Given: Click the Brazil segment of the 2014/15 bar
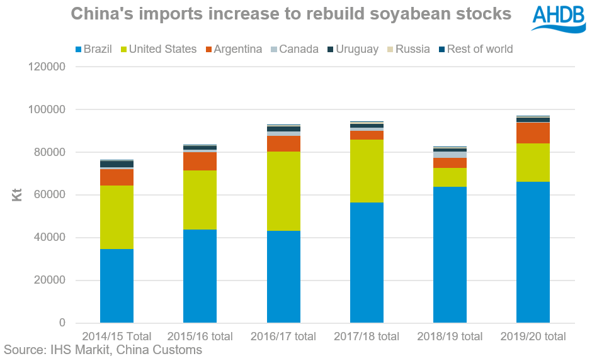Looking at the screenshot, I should tap(117, 286).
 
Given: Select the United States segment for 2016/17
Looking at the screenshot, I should tap(283, 191).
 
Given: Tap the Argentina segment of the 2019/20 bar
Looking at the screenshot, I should tap(533, 133).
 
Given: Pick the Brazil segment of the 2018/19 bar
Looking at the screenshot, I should tap(450, 255).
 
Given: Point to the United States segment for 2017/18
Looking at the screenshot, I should tap(367, 171).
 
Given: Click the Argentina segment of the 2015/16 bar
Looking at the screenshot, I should tap(200, 161).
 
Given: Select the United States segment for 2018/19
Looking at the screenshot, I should tap(450, 177).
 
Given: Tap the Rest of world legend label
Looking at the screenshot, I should tap(479, 49).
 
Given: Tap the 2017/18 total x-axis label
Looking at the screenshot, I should tap(367, 336).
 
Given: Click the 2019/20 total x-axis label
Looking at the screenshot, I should tap(533, 336).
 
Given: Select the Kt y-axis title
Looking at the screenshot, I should tap(17, 196).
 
